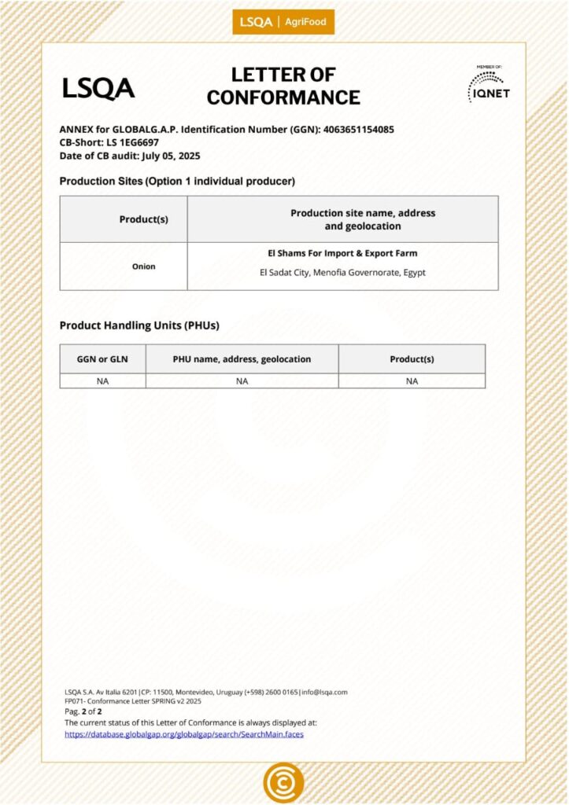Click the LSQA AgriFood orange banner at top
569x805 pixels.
point(283,22)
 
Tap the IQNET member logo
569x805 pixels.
point(488,84)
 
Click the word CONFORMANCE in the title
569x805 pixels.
point(283,98)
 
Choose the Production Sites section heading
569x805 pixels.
point(177,182)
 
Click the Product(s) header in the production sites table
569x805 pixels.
point(143,219)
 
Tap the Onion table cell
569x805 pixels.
point(143,266)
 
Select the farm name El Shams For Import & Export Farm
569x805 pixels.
point(342,254)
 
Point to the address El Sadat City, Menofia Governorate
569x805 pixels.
point(342,274)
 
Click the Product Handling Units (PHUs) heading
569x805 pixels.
point(139,325)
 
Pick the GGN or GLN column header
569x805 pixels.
point(102,359)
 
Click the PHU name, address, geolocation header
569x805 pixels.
point(242,359)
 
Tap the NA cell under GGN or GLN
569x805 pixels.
point(102,381)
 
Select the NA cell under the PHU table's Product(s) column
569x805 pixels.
point(412,381)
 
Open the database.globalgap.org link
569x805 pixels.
point(183,734)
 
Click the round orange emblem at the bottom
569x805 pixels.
point(283,782)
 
